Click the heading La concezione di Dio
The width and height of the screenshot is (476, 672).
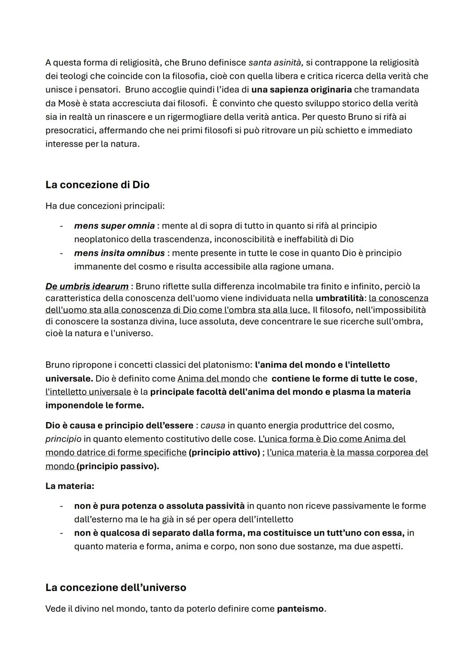click(97, 185)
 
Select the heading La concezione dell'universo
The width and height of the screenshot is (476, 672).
click(116, 588)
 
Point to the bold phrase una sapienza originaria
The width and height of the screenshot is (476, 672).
click(301, 90)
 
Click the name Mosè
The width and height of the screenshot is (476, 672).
click(70, 103)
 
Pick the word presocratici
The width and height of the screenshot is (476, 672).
click(70, 130)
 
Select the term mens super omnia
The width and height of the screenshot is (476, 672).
click(114, 226)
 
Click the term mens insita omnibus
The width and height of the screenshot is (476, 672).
click(119, 253)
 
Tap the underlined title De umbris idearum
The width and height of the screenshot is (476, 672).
click(87, 286)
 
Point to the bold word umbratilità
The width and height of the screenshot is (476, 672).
click(339, 298)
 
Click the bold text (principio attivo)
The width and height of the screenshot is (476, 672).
click(224, 452)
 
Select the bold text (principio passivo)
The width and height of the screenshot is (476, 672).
click(118, 466)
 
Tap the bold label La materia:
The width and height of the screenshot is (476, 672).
click(70, 486)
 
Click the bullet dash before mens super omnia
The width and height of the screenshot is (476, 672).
click(62, 226)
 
